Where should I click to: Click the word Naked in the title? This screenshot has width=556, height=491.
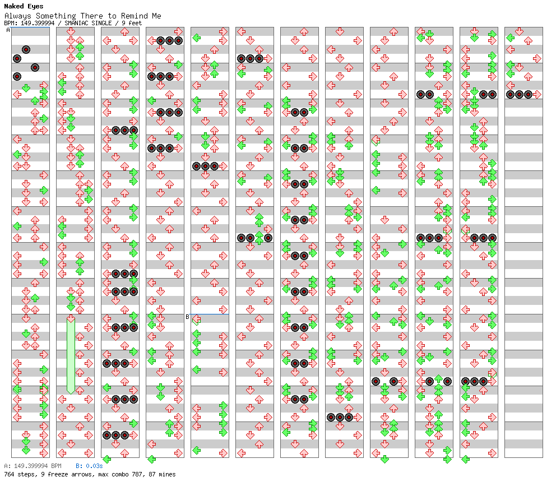14,6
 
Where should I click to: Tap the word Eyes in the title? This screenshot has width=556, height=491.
35,6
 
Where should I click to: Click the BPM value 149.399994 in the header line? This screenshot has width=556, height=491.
38,23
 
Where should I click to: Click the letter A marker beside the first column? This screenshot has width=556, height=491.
8,30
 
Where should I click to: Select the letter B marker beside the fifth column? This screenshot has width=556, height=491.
187,317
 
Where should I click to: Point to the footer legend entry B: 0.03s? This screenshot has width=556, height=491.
89,466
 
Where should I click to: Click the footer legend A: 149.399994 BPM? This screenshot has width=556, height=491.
33,466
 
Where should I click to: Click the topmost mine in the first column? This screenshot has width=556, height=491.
26,49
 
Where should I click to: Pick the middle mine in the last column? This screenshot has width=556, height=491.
519,94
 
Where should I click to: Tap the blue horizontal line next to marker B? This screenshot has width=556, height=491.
210,314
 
